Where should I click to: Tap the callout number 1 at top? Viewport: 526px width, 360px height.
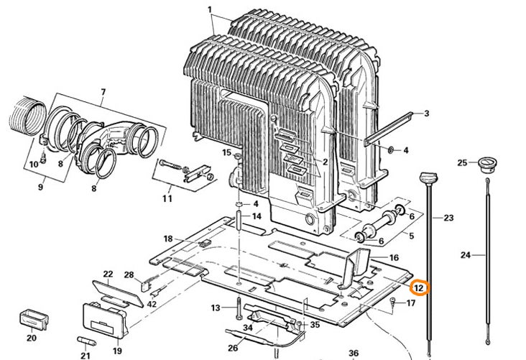[x=210, y=10]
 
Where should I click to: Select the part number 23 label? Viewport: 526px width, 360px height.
[x=449, y=218]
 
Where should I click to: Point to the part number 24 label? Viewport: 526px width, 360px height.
[x=465, y=254]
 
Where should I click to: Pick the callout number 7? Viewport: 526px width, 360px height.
[x=103, y=91]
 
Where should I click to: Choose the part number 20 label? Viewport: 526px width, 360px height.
[x=31, y=338]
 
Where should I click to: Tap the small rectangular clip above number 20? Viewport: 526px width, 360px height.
[x=34, y=317]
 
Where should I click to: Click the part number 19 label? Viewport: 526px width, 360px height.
[x=116, y=351]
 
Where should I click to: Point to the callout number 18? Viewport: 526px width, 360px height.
[x=167, y=239]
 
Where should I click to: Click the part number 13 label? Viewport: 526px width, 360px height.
[x=215, y=308]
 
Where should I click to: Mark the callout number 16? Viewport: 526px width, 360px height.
[x=394, y=257]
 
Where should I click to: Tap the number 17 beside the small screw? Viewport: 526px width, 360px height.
[x=411, y=303]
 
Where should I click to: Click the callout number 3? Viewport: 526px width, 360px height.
[x=426, y=114]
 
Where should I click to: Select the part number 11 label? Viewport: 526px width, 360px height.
[x=167, y=198]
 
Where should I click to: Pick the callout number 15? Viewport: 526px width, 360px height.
[x=226, y=153]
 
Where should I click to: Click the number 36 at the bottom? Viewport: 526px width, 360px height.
[x=353, y=353]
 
